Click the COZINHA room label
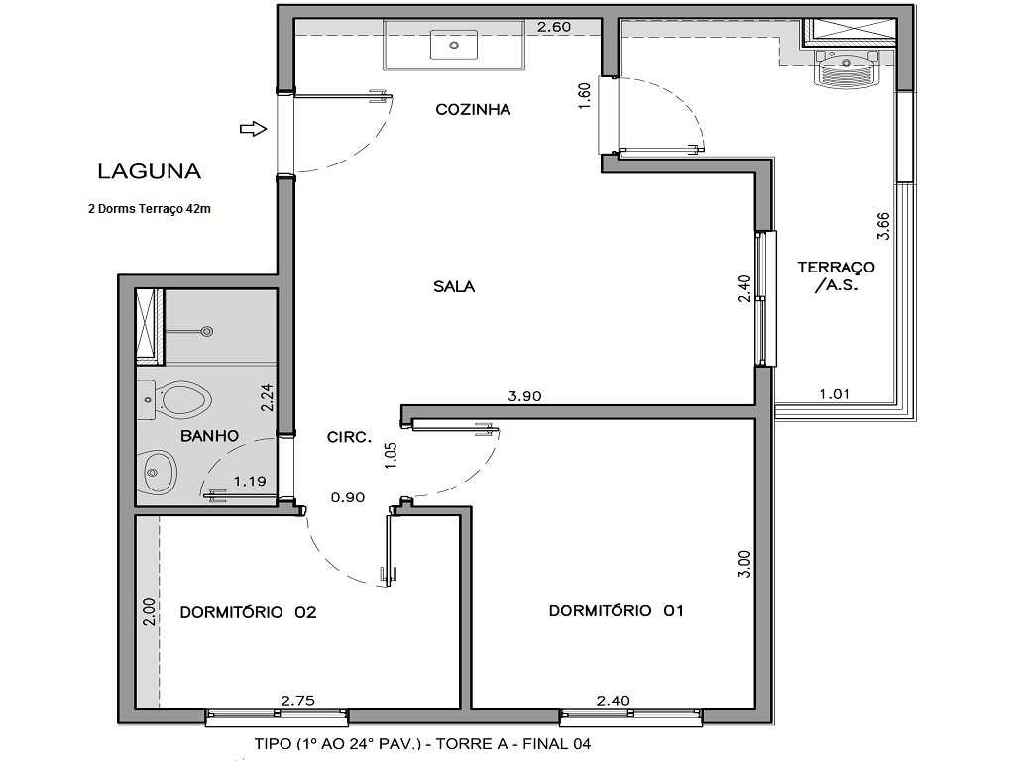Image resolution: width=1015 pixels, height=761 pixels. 473,110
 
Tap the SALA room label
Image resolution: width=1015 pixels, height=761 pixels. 454,287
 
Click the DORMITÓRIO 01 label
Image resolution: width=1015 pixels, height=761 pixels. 617,611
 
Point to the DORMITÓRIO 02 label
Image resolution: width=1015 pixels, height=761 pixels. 248,612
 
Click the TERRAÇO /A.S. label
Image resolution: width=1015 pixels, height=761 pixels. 836,275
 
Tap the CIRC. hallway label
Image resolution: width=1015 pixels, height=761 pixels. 349,436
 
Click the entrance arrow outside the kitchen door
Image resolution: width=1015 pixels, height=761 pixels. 254,128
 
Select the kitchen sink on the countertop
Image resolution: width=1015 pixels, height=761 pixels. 454,46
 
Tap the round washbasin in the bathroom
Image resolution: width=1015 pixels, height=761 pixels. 158,473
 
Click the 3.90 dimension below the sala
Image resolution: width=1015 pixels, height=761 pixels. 524,396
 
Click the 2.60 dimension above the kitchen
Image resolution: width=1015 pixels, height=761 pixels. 553,27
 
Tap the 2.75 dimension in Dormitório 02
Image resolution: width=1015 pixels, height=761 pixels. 297,700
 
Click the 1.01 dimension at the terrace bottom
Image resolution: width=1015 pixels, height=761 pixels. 835,394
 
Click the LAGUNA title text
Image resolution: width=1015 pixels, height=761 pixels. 149,170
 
